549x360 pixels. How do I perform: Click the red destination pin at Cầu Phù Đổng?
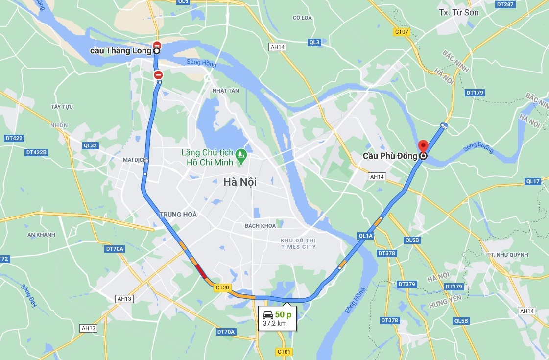click(x=423, y=145)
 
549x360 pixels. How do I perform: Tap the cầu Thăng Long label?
click(x=121, y=51)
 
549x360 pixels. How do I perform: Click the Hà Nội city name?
click(x=239, y=182)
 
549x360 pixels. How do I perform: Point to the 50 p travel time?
click(x=283, y=314)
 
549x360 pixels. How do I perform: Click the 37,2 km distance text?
click(x=275, y=323)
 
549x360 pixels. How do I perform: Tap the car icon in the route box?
click(x=267, y=314)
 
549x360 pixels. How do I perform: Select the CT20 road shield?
click(x=222, y=288)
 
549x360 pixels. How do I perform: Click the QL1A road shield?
click(x=365, y=236)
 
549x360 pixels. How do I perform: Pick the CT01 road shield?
click(x=284, y=352)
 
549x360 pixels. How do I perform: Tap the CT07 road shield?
click(x=401, y=32)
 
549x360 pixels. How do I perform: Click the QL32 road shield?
click(x=91, y=145)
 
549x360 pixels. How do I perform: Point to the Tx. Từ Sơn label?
click(x=459, y=12)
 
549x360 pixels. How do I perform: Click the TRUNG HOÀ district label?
click(x=178, y=215)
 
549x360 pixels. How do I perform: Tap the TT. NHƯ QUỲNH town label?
click(x=508, y=255)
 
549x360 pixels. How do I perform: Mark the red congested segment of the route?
click(x=201, y=272)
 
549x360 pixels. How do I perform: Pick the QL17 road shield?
click(x=533, y=181)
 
